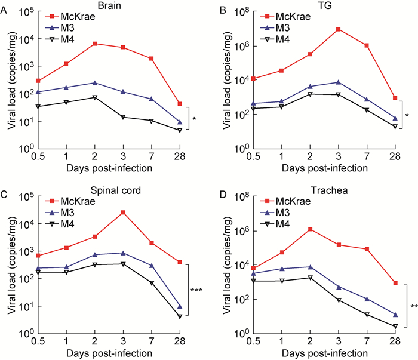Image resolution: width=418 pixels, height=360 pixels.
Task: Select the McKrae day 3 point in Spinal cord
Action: tap(122, 212)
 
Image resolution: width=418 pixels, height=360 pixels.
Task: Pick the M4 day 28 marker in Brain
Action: tap(180, 130)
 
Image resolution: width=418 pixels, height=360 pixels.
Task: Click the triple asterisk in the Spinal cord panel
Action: tap(196, 290)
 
